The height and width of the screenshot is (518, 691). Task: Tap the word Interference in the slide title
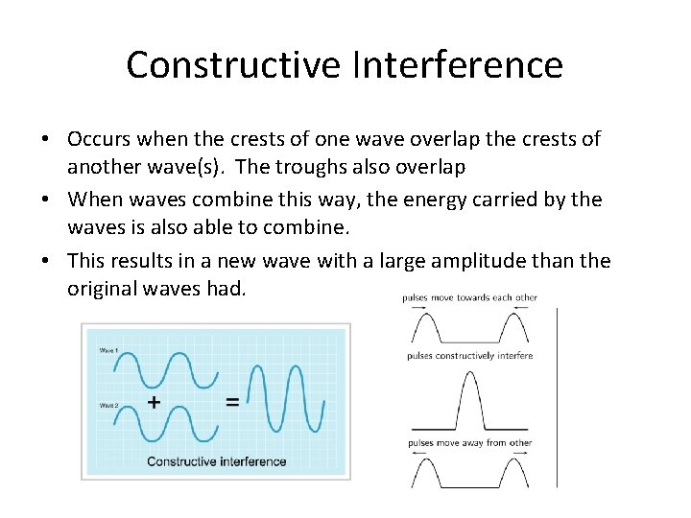pos(459,65)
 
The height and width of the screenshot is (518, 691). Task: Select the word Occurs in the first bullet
pos(99,139)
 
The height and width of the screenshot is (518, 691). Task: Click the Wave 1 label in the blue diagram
pos(110,350)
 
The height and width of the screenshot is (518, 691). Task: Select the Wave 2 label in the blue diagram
pos(110,405)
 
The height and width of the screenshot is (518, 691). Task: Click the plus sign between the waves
pos(155,402)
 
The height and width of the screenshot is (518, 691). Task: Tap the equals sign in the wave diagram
pos(232,402)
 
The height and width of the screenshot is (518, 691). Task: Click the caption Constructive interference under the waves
pos(216,461)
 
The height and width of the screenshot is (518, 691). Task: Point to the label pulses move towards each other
pos(469,297)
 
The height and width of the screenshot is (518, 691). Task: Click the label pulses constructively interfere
pos(469,356)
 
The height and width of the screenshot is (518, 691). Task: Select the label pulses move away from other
pos(469,443)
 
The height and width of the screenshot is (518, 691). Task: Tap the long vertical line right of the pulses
pos(557,398)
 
